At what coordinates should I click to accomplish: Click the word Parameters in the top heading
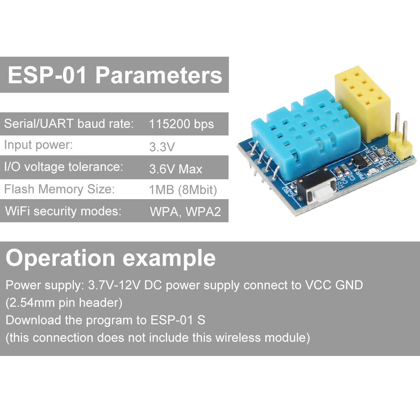tap(159, 75)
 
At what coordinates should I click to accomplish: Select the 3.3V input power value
tap(162, 147)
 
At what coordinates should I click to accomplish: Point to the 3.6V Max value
tap(176, 169)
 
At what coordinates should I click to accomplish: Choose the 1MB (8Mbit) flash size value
tap(183, 190)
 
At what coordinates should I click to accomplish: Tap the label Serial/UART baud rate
tap(69, 124)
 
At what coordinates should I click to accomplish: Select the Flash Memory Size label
tap(59, 189)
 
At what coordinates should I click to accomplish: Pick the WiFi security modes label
tap(63, 211)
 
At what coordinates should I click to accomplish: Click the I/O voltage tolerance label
tap(64, 167)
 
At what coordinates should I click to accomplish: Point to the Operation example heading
tap(111, 258)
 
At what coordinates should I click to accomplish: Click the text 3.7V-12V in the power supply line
tap(113, 285)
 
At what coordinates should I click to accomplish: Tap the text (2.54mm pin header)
tap(64, 303)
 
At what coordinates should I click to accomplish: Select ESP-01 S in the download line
tap(178, 320)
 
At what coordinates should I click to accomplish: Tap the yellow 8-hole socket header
tap(362, 103)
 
